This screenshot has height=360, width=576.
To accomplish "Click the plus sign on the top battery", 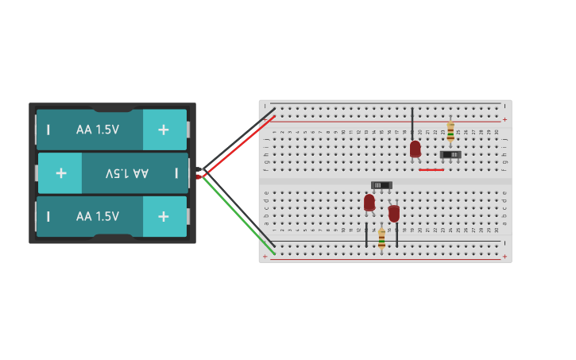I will [163, 130].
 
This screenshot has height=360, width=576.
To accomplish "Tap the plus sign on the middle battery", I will [60, 173].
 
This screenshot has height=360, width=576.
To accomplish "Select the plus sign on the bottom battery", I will [163, 216].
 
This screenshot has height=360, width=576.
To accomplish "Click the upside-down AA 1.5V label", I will [127, 173].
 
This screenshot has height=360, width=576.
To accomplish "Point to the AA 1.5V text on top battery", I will [98, 130].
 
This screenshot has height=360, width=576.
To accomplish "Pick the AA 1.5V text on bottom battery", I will [98, 216].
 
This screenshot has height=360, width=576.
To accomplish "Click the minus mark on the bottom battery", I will [48, 216].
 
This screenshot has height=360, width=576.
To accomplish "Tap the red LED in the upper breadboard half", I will [415, 149].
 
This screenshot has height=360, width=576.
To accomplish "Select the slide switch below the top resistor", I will [450, 154].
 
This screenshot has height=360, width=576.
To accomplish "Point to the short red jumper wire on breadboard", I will [431, 169].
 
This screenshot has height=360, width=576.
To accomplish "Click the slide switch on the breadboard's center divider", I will [381, 185].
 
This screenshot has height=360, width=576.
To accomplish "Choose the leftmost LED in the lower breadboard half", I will [369, 203].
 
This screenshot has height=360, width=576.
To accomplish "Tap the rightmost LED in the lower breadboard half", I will [394, 213].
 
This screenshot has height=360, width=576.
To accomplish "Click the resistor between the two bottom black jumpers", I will [381, 238].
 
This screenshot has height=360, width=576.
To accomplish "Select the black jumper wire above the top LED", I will [412, 123].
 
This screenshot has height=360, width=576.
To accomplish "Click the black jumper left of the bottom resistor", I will [366, 234].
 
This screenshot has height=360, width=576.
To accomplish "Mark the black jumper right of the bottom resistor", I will [397, 234].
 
